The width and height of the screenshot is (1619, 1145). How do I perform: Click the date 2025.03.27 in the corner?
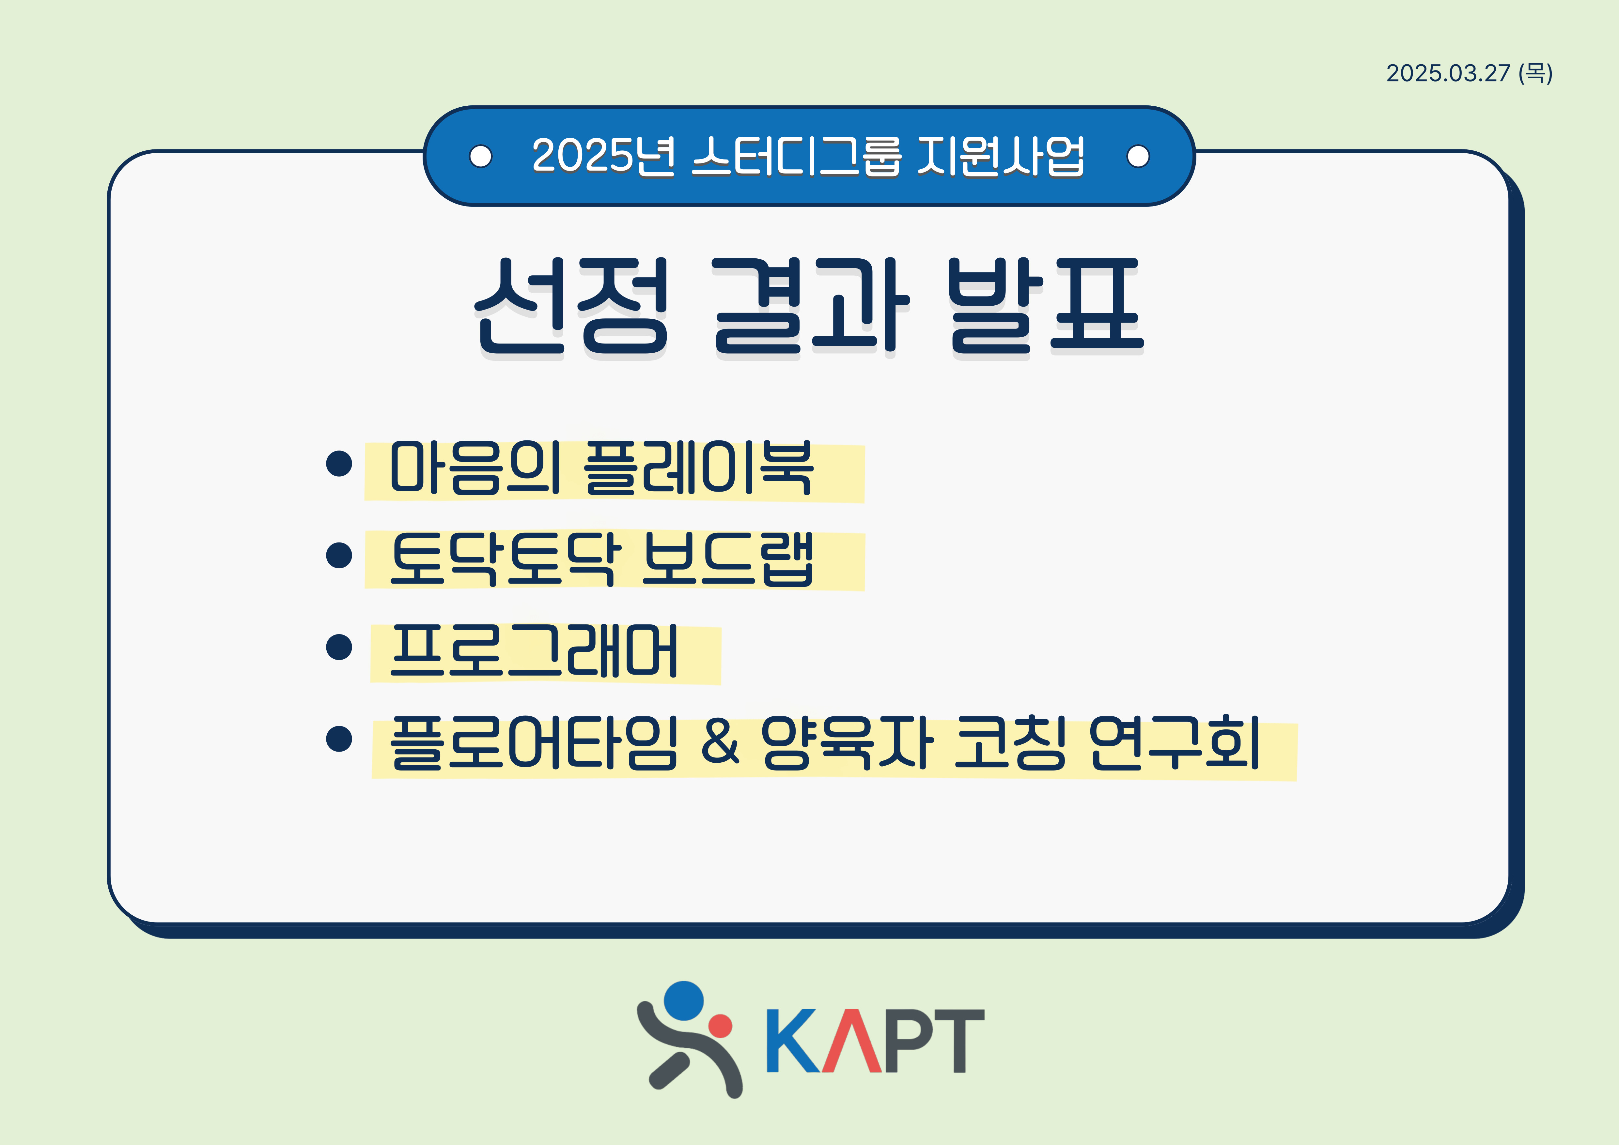click(1448, 73)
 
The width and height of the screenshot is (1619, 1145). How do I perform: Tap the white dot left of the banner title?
click(481, 156)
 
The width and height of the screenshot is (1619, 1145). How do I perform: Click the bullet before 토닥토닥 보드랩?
click(339, 555)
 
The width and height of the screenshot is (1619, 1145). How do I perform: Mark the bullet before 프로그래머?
click(339, 647)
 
